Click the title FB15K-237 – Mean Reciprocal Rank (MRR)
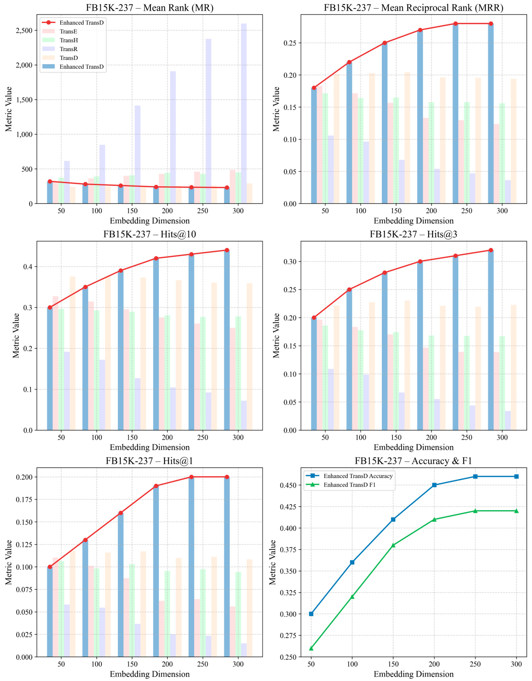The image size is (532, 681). click(413, 8)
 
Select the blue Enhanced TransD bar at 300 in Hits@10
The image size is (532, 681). click(227, 340)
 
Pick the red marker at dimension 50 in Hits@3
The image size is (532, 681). click(314, 318)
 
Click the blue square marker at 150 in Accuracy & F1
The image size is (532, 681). click(393, 519)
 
